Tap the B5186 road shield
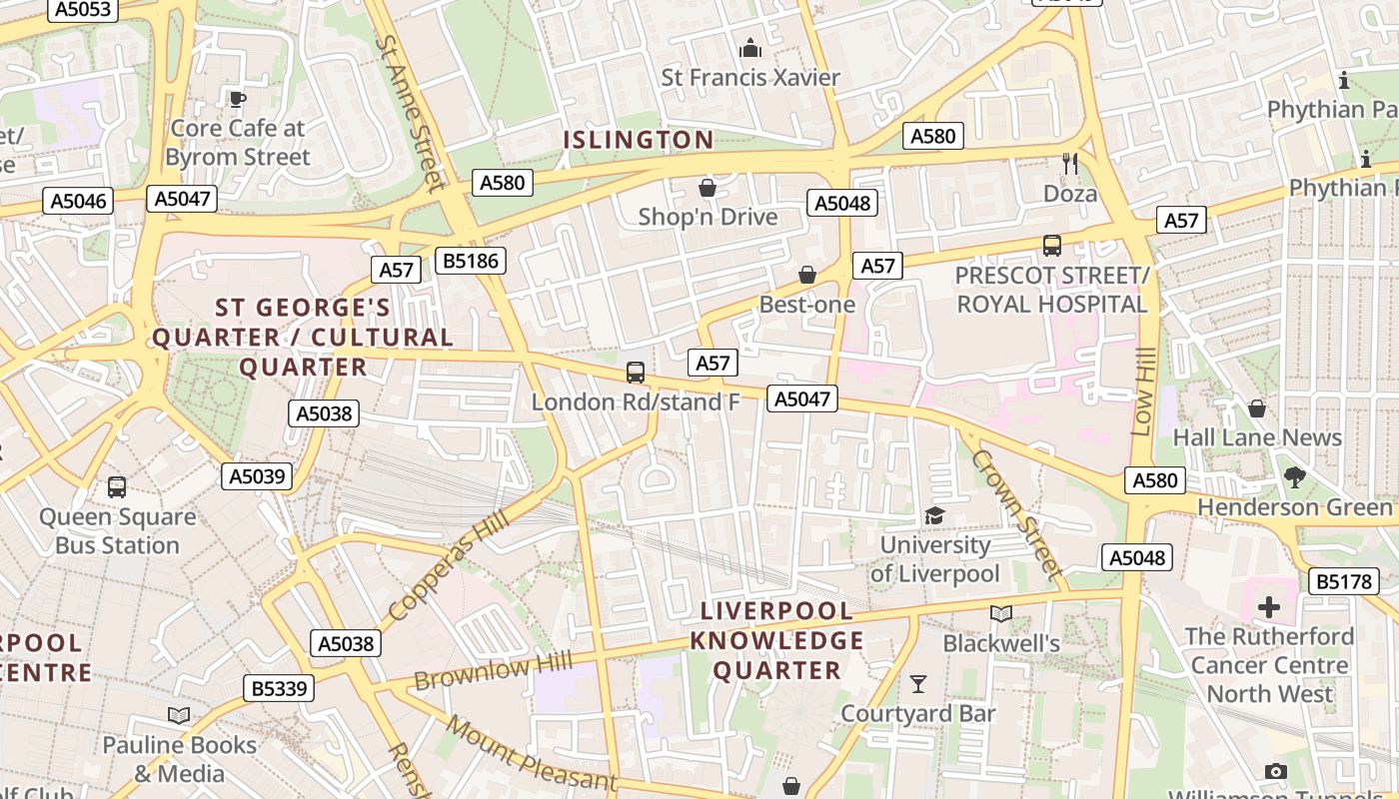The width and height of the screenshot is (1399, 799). [x=471, y=262]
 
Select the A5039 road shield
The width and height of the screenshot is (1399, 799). [x=257, y=476]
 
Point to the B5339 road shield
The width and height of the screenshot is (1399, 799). [x=279, y=688]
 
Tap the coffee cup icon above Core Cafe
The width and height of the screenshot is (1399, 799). [x=237, y=99]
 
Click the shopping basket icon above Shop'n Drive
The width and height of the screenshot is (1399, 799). [x=707, y=188]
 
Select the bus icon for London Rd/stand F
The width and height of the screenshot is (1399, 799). [x=636, y=373]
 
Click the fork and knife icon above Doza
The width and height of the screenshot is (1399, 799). [x=1070, y=164]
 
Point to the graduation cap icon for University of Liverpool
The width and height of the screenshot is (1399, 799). [x=934, y=516]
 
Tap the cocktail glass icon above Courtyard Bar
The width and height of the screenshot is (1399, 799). [x=917, y=684]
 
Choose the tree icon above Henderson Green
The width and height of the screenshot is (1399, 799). [x=1295, y=477]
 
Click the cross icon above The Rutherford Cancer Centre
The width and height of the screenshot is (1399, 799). [x=1269, y=607]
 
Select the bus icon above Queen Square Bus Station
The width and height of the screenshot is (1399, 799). [x=117, y=487]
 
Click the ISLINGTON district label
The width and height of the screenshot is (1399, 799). [x=639, y=140]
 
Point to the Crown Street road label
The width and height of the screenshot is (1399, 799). [x=1015, y=513]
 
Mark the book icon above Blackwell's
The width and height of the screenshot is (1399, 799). [x=1000, y=613]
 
